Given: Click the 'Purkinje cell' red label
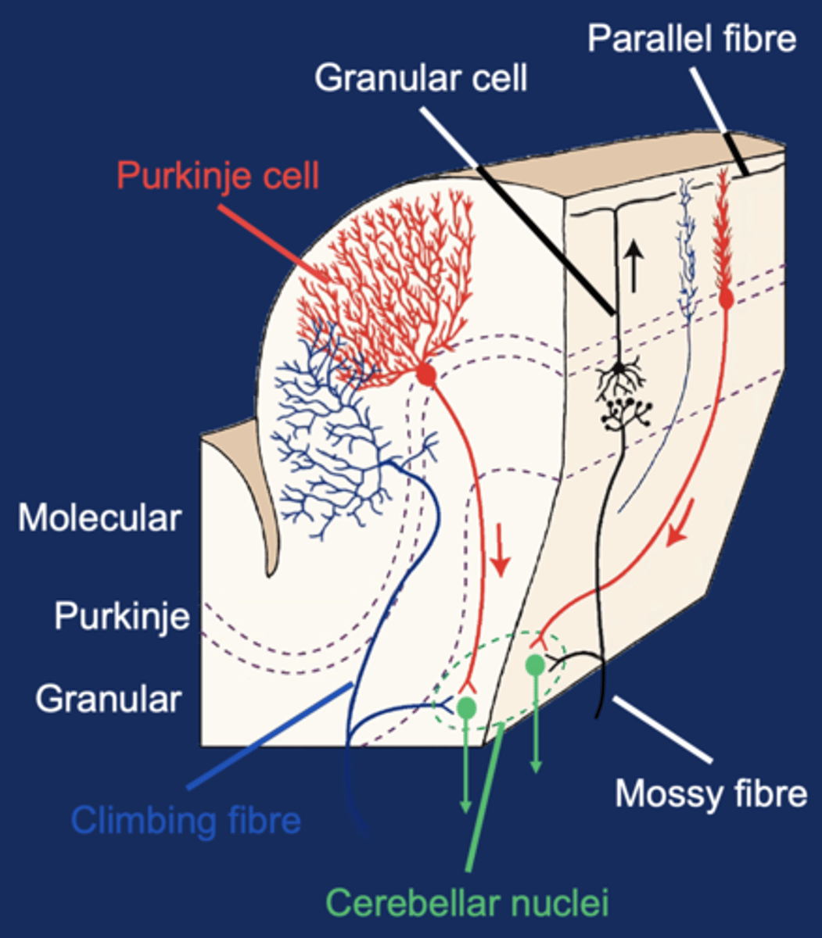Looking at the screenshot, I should [x=218, y=176].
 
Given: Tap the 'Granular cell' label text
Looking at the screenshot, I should [x=421, y=78].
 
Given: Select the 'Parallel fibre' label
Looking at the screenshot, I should [x=691, y=38].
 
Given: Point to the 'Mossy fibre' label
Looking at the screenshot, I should [x=710, y=793].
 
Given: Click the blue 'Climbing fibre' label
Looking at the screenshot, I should [x=185, y=821].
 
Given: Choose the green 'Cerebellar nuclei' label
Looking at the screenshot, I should [x=467, y=902].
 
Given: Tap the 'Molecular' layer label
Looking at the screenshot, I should [x=99, y=518].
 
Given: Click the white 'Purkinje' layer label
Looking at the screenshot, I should [x=121, y=617].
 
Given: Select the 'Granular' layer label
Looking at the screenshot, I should [x=108, y=699].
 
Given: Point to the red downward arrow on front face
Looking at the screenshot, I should [x=501, y=554].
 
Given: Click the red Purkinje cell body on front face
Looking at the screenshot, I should [x=425, y=374].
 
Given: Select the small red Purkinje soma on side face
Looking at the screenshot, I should [x=726, y=298].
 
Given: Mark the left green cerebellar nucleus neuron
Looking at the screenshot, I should [x=467, y=708].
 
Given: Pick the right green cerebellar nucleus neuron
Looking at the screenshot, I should [x=535, y=665].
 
